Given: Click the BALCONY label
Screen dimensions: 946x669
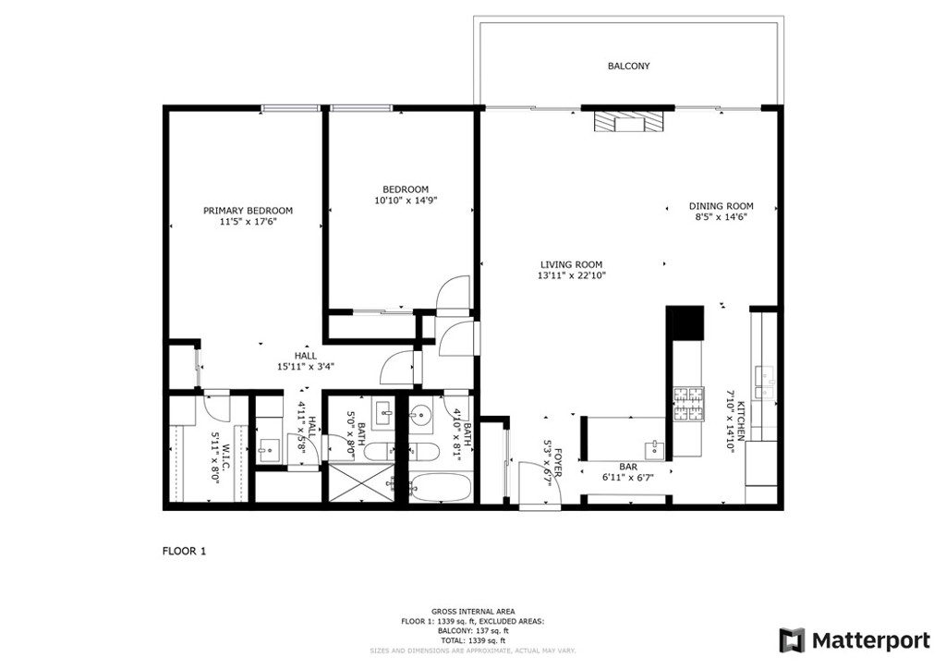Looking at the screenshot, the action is point(628,66).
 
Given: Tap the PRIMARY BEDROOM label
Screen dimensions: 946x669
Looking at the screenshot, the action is point(248,211).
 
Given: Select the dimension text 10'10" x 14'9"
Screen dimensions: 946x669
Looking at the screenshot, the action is point(406,201).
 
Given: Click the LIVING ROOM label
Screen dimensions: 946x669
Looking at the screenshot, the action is point(571,264).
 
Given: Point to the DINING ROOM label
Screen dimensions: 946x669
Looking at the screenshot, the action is point(721,206).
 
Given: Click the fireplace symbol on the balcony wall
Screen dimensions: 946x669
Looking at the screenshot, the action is point(627,123).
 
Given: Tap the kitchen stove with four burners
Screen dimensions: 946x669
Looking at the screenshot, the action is point(688,404).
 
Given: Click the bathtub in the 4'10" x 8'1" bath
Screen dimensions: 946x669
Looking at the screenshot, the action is point(440,486).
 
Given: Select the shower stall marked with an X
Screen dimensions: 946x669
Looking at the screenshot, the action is point(360,482).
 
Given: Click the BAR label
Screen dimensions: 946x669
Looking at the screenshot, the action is point(628,467).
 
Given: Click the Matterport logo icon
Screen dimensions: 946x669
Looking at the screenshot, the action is point(792,640).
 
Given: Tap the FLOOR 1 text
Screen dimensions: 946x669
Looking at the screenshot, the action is point(184,551).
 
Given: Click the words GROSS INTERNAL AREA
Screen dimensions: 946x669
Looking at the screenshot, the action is point(473,612).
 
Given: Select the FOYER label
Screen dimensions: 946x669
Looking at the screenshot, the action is point(559,462).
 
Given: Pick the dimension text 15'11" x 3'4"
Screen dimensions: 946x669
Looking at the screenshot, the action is point(306,366).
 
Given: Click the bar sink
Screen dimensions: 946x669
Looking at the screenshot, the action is point(654,449).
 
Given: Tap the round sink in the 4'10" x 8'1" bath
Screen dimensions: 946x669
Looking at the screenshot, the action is point(419,415).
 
